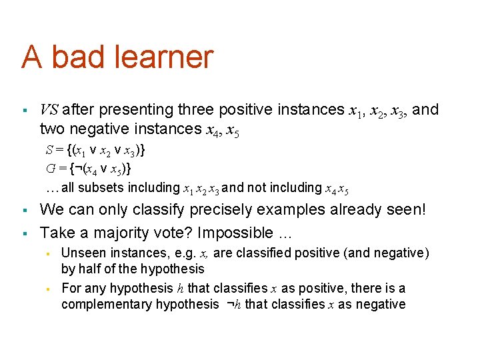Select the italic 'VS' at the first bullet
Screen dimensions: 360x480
pos(50,109)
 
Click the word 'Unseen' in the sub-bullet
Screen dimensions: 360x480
pos(81,253)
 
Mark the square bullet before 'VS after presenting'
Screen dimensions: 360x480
pos(23,109)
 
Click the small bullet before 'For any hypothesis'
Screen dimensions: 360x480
pos(48,289)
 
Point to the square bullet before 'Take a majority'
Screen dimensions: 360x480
pos(23,233)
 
